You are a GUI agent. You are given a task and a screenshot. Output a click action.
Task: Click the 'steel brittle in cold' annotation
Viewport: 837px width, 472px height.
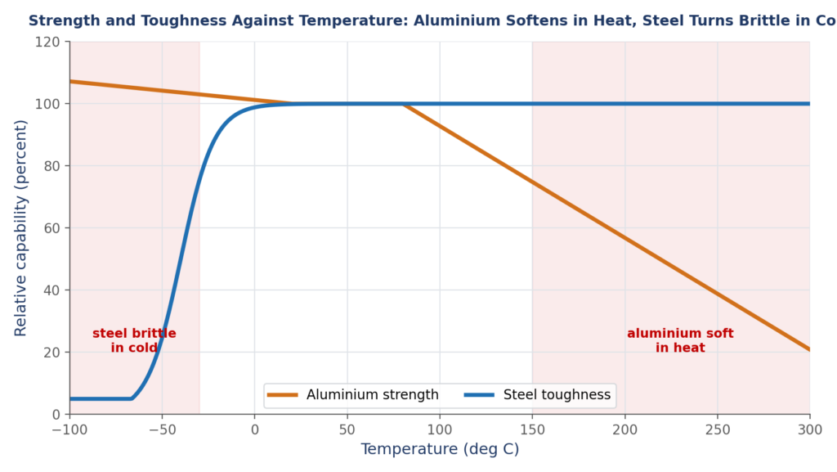[134, 340]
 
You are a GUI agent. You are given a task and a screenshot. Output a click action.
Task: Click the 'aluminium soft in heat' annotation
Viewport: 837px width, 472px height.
[680, 340]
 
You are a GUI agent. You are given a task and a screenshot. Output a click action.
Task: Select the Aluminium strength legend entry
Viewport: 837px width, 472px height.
[353, 395]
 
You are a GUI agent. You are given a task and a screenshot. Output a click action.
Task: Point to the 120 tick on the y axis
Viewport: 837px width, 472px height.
[47, 42]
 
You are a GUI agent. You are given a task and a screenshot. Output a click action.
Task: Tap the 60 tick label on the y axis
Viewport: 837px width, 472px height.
[51, 228]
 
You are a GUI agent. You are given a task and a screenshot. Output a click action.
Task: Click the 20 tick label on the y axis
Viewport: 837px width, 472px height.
[51, 353]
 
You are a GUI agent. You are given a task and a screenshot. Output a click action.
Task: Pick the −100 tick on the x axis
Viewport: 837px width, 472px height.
[69, 429]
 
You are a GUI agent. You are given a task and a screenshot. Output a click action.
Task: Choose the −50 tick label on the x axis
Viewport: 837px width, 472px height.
[163, 429]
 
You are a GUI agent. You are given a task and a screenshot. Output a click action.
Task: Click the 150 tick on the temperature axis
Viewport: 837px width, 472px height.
[532, 429]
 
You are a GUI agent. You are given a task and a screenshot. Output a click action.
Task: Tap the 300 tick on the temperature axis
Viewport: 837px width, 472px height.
[810, 429]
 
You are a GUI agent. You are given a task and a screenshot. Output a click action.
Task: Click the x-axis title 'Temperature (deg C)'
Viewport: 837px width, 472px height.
[440, 449]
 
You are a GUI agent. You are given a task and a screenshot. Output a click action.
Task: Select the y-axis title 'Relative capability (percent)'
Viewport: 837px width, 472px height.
[20, 228]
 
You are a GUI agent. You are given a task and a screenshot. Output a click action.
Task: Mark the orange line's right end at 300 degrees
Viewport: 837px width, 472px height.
[810, 350]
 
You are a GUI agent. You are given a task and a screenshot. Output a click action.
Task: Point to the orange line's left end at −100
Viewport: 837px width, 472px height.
[70, 81]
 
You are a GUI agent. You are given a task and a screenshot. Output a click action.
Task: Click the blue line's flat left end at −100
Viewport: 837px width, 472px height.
[70, 399]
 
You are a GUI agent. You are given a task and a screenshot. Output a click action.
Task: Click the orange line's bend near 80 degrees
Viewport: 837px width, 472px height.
[403, 104]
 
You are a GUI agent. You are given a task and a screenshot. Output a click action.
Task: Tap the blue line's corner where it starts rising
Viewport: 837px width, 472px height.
[132, 398]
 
